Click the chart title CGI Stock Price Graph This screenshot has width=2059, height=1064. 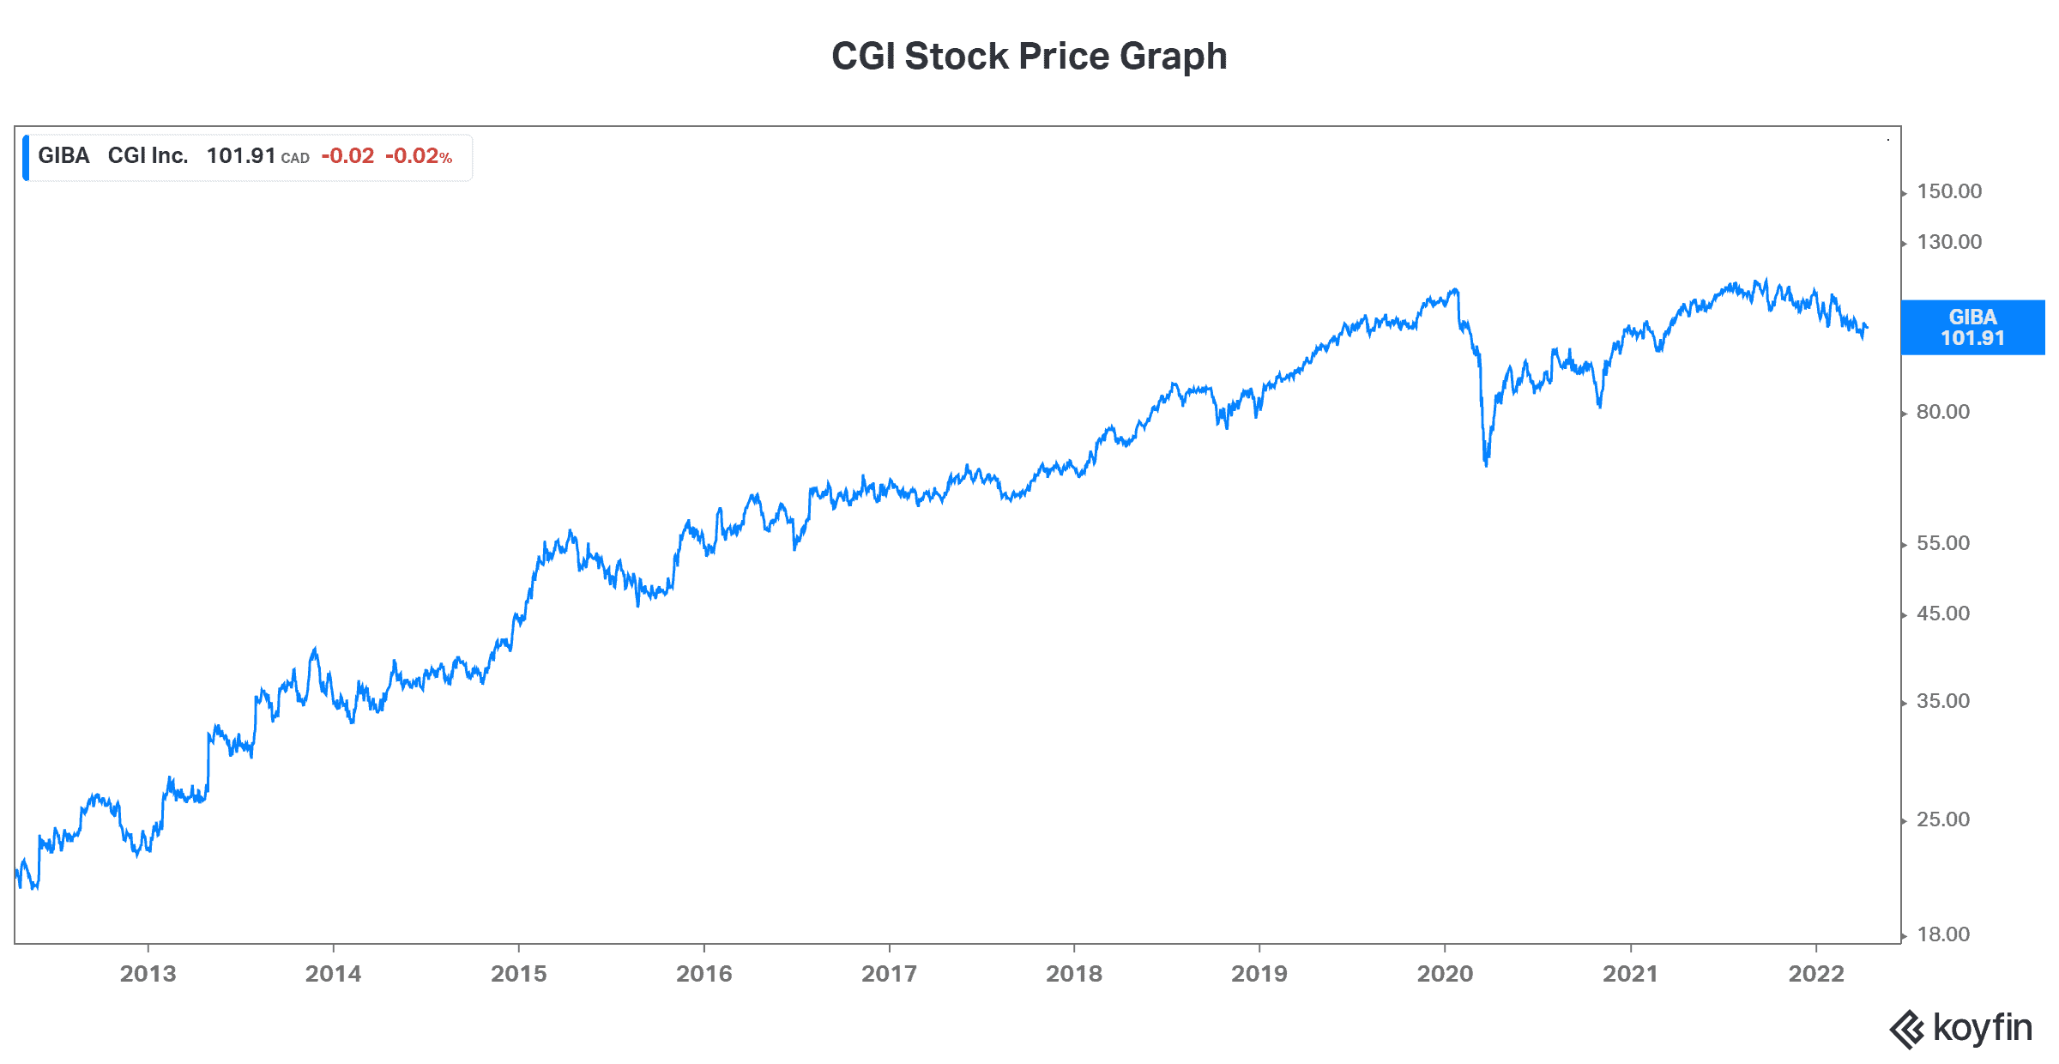coord(1029,57)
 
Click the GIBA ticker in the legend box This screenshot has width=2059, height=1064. coord(63,156)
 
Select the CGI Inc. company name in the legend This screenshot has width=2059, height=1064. coord(148,156)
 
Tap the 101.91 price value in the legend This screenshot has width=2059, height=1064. coord(240,156)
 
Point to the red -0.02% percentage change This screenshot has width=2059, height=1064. coord(419,156)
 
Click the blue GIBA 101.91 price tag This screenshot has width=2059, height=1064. coord(1972,327)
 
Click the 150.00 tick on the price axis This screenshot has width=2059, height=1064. coord(1949,191)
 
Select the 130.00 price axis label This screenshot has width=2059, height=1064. coord(1949,242)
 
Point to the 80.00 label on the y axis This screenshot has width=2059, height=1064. coord(1943,412)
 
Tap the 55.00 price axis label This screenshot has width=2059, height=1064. coord(1943,543)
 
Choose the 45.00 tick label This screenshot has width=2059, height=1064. coord(1943,614)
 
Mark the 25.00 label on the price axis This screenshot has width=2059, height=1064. coord(1943,819)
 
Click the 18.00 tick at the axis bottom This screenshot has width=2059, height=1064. coord(1943,934)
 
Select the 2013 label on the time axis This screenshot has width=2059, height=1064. coord(148,974)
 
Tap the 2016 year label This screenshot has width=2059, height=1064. coord(703,974)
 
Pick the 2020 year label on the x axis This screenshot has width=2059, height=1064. coord(1445,974)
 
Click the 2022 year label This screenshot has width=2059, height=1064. coord(1816,974)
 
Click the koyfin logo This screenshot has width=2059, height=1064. coord(1960,1028)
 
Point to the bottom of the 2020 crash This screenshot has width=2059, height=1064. coord(1486,463)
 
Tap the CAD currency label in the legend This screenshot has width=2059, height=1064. coord(295,159)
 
